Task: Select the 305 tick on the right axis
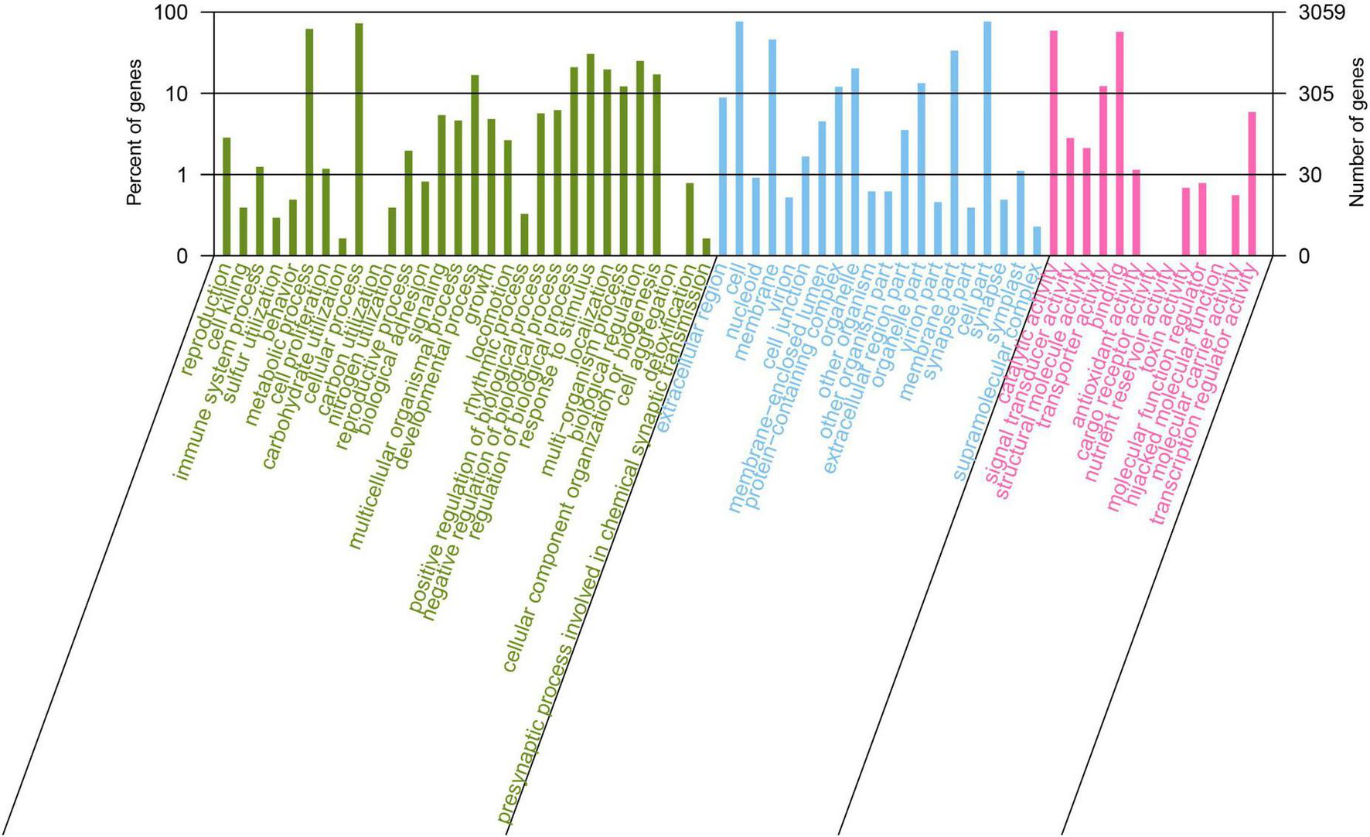click(x=1315, y=94)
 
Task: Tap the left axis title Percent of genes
click(x=135, y=132)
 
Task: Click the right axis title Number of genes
click(x=1357, y=132)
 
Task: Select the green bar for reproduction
click(x=227, y=196)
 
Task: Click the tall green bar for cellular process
click(x=359, y=139)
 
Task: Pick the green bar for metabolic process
click(x=309, y=142)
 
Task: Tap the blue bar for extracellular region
click(x=723, y=176)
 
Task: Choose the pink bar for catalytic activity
click(x=1054, y=143)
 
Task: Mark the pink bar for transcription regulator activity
click(x=1252, y=184)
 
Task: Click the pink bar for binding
click(x=1120, y=144)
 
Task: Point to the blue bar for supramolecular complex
click(x=1037, y=241)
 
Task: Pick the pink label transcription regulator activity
click(x=1206, y=395)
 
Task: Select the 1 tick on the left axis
click(x=182, y=176)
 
